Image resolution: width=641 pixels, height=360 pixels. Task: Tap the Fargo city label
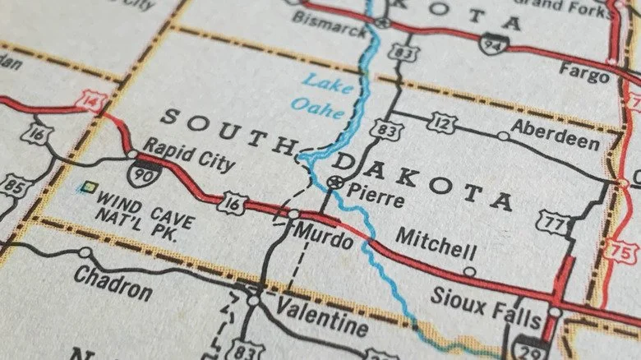pos(583,72)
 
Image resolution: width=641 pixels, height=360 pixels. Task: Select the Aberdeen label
pos(555,135)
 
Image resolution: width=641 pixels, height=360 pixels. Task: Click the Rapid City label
pos(188,155)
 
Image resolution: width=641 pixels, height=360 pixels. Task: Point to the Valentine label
pos(322,316)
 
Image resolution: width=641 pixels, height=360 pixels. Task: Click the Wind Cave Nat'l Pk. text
pos(145,210)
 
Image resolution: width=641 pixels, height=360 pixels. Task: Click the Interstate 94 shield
pos(493,44)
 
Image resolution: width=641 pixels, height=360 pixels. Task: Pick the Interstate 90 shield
pos(143,174)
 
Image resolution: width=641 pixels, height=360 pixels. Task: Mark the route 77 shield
pos(553,221)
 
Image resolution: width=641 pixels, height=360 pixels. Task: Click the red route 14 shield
pos(90,102)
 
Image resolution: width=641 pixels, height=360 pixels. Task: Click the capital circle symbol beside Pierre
pos(334,182)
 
